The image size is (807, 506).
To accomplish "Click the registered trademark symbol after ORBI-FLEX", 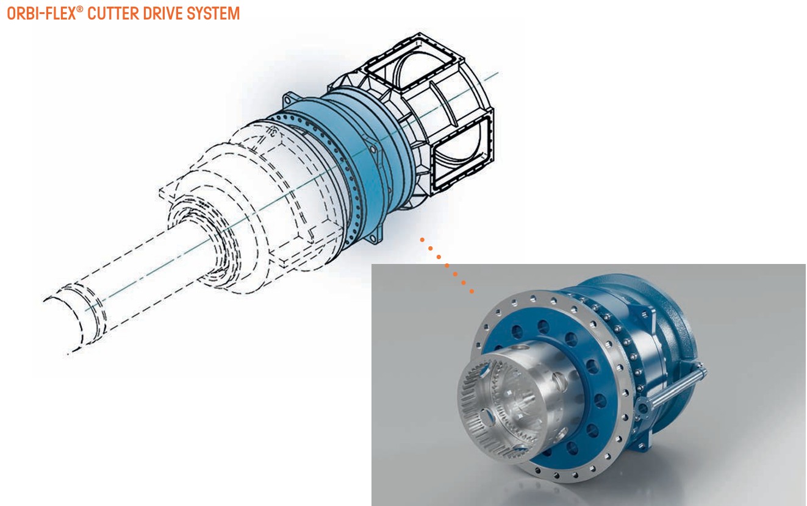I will tap(80, 9).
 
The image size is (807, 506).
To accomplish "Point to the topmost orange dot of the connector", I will tap(421, 240).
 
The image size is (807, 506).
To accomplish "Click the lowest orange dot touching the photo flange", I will tap(472, 292).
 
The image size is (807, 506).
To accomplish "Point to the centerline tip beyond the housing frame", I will tap(497, 73).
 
